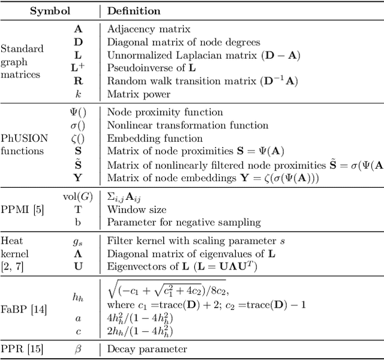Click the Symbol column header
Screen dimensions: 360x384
(x=50, y=11)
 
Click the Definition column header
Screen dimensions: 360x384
(x=134, y=11)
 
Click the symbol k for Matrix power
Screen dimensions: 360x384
(x=78, y=94)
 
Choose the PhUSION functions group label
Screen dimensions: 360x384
(x=22, y=145)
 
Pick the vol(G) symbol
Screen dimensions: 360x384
(x=78, y=196)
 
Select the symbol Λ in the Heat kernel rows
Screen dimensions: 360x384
(x=78, y=253)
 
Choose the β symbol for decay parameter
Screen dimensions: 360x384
(x=78, y=349)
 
